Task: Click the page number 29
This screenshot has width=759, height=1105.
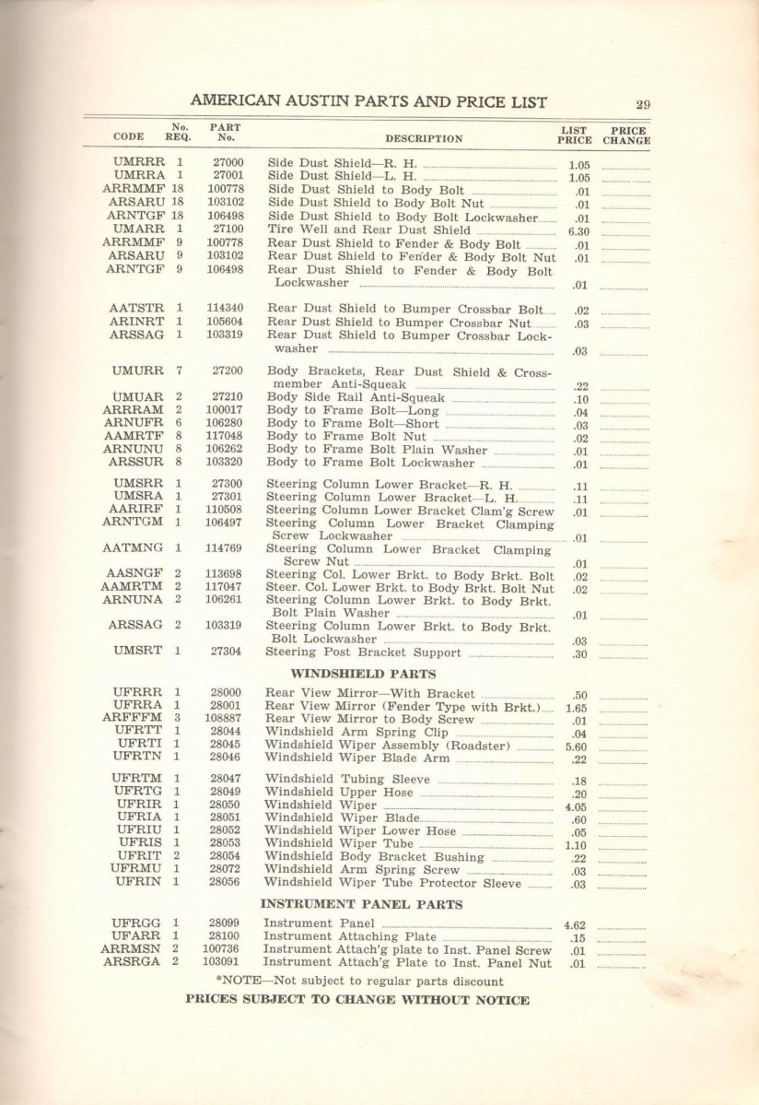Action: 643,104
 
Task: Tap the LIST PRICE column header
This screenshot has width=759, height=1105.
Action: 576,135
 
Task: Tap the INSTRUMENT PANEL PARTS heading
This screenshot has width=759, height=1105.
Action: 362,903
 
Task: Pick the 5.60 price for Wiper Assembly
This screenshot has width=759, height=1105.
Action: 578,746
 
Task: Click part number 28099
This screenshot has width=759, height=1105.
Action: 225,923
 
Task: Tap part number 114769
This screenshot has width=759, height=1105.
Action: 225,547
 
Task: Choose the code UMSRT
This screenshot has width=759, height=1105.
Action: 137,651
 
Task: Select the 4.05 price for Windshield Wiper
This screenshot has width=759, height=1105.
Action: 578,805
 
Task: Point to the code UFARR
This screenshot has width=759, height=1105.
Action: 137,936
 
